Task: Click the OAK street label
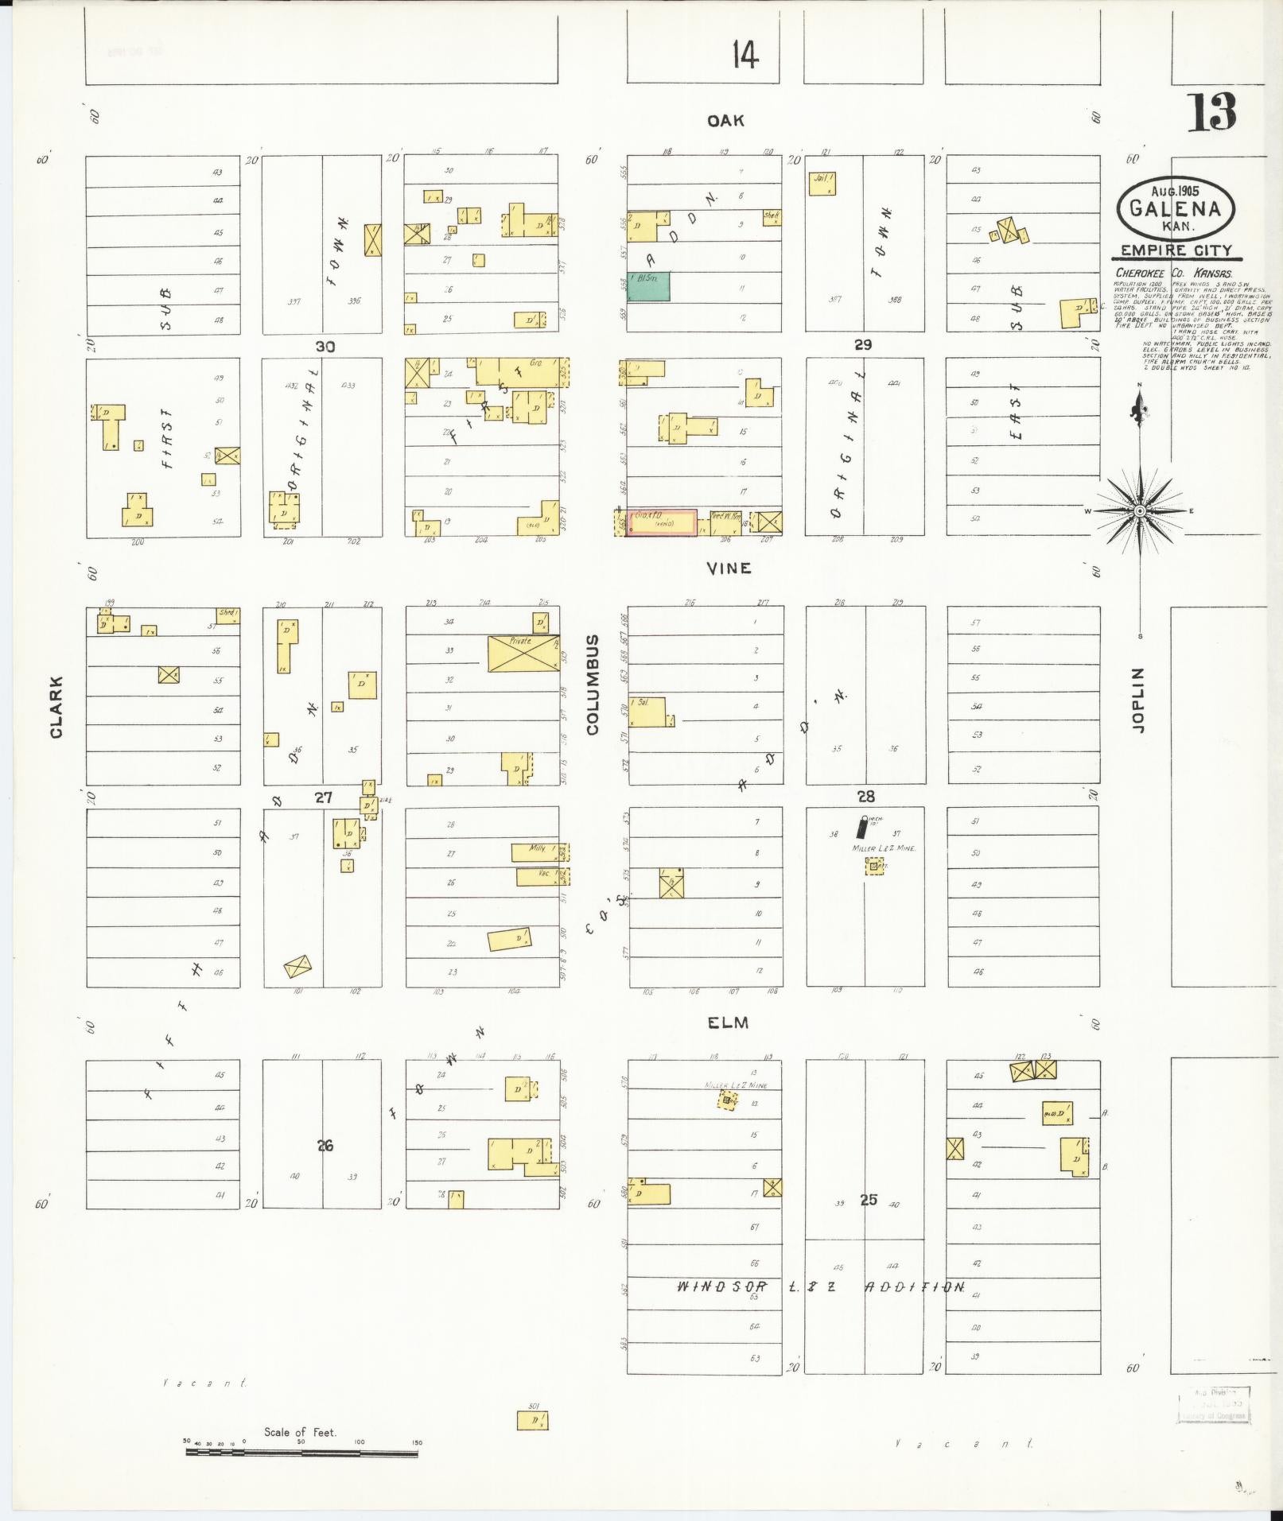[x=725, y=120]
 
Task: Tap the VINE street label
[x=729, y=568]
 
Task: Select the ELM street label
[x=728, y=1023]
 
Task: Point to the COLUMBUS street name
[x=593, y=684]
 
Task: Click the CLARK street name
[x=56, y=707]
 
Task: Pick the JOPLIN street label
[x=1137, y=700]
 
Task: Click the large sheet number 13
[x=1212, y=114]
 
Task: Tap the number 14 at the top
[x=745, y=55]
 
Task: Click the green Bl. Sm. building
[x=648, y=287]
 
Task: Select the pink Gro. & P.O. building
[x=661, y=522]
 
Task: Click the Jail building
[x=823, y=184]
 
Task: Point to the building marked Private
[x=523, y=653]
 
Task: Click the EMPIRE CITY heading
[x=1176, y=250]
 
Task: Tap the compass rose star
[x=1139, y=511]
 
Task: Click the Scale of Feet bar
[x=301, y=1453]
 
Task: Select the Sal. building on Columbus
[x=647, y=712]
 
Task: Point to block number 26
[x=325, y=1146]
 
